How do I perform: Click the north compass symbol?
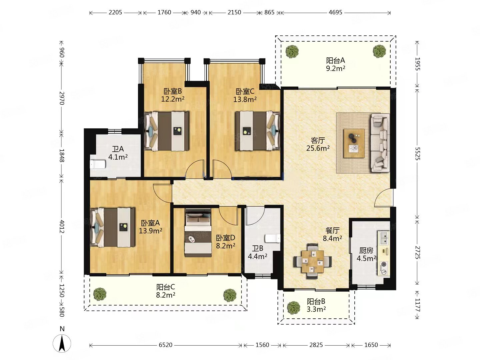pos(62,343)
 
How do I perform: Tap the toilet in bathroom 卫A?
pos(98,164)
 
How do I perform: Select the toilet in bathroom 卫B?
pos(272,238)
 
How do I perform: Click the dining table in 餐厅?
pos(312,261)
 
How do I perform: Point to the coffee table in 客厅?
pos(354,143)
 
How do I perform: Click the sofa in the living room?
pos(380,143)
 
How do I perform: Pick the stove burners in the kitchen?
pos(384,268)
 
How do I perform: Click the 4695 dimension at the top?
pos(335,12)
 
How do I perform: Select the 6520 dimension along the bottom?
pos(166,345)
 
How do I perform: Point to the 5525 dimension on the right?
pos(417,154)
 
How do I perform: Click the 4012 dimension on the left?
pos(62,226)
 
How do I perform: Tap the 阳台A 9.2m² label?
pos(335,64)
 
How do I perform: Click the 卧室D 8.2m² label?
pos(225,242)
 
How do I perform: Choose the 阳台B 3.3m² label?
pos(316,305)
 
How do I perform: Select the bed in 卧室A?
pos(112,227)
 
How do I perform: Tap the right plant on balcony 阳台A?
pos(379,51)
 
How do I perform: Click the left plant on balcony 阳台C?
pos(100,294)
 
